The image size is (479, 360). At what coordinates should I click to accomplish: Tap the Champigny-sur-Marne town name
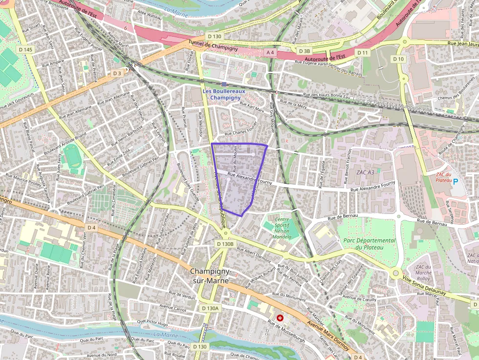click(211, 276)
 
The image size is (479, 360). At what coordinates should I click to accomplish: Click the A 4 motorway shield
click(270, 52)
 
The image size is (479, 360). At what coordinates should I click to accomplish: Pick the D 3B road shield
click(304, 51)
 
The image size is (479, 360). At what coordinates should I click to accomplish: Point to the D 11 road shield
click(362, 52)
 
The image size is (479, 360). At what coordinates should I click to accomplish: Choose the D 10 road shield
click(399, 59)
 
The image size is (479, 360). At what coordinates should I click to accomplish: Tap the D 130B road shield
click(226, 243)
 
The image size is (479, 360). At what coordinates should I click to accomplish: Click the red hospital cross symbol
click(280, 318)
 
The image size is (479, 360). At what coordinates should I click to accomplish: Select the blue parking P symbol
click(456, 182)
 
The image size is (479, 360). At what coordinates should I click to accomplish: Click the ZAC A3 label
click(365, 172)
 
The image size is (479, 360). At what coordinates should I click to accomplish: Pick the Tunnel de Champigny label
click(213, 47)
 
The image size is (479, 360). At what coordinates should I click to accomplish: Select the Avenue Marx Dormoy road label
click(328, 336)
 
